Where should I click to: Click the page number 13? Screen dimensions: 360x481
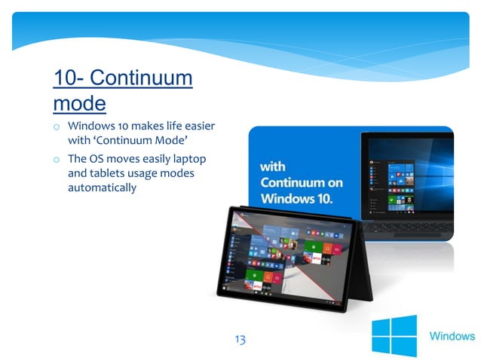(240, 340)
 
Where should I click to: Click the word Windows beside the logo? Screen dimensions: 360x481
(452, 336)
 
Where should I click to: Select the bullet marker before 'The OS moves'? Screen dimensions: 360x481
(57, 160)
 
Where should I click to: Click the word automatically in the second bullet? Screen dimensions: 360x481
(102, 187)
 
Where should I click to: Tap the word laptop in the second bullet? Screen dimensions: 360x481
(188, 160)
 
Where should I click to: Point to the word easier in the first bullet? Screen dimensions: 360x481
(198, 126)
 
